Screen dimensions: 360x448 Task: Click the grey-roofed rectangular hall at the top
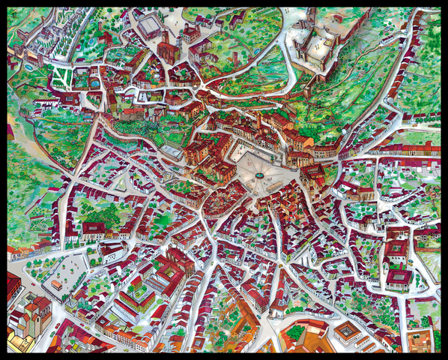[x=149, y=27]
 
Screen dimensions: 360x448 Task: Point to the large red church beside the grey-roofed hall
[x=169, y=49]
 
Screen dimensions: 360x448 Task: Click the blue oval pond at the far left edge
[x=28, y=67]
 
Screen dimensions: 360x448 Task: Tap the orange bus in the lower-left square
[x=56, y=285]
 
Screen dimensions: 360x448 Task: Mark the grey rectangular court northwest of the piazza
[x=171, y=150]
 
